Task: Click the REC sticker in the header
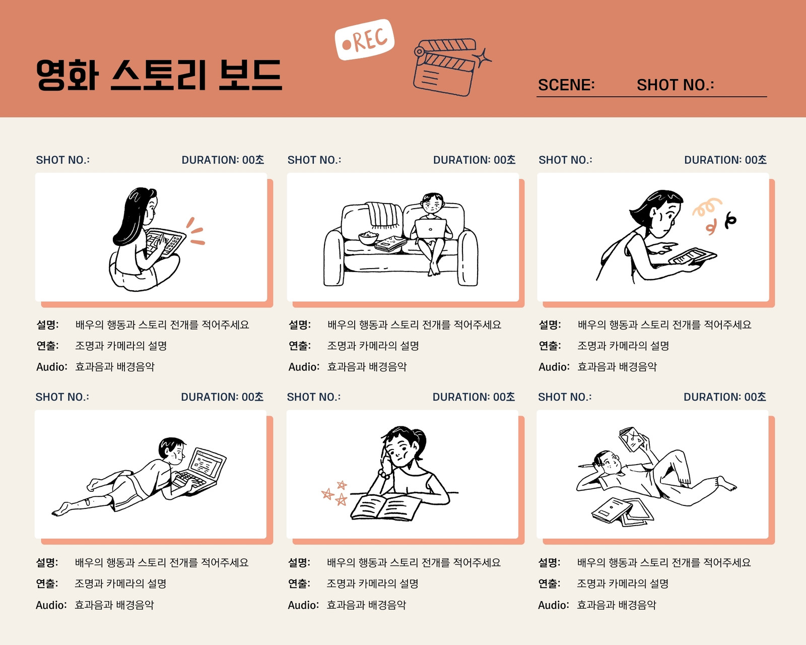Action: click(364, 39)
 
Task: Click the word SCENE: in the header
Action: click(566, 85)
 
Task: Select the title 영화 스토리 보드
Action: click(159, 75)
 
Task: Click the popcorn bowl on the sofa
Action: click(369, 238)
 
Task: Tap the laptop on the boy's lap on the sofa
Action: click(430, 229)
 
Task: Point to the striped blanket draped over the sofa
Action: click(383, 215)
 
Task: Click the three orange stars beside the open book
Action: click(335, 493)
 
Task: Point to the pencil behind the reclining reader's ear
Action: click(588, 466)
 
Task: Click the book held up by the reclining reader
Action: click(632, 439)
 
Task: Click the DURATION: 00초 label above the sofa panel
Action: click(474, 160)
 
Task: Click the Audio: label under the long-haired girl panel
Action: click(52, 366)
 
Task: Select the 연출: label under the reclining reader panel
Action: click(549, 584)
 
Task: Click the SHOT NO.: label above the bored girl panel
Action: click(314, 397)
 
